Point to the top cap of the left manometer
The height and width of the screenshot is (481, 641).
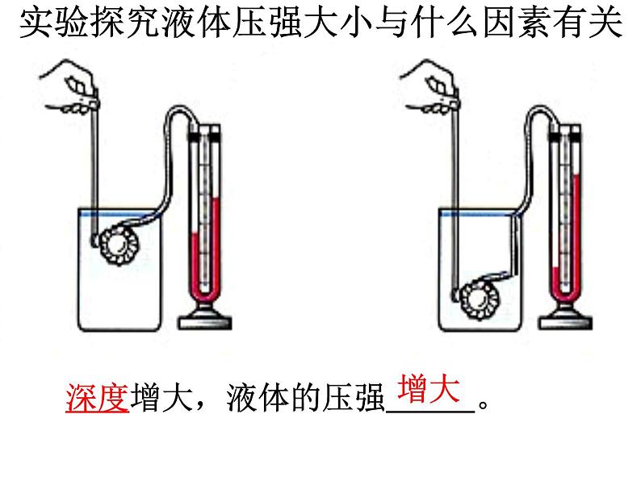click(205, 128)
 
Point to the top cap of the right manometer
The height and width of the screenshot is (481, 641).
click(565, 128)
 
